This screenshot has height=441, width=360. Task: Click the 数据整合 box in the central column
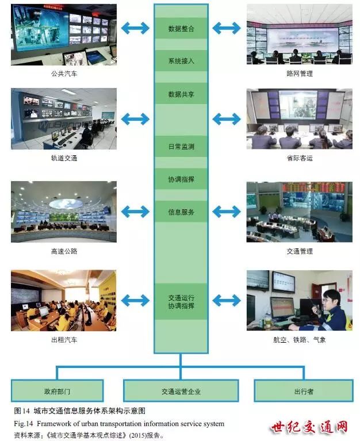click(181, 28)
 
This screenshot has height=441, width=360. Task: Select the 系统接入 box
click(181, 60)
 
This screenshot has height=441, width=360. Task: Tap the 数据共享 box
click(181, 93)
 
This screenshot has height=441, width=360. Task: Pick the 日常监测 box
click(181, 147)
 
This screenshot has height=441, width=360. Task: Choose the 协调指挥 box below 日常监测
click(181, 179)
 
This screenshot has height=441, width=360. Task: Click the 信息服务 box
click(181, 212)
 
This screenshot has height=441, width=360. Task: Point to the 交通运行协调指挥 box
click(181, 301)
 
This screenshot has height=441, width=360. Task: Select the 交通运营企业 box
click(181, 391)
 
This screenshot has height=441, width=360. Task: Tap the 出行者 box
click(303, 391)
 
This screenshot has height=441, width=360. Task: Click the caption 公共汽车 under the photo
click(64, 74)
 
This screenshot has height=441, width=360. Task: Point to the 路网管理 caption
click(299, 74)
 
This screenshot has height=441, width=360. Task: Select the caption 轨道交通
click(64, 158)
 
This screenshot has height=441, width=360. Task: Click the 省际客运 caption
click(299, 158)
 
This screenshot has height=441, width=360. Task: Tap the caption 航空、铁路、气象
click(299, 340)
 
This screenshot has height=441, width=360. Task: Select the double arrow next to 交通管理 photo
click(226, 212)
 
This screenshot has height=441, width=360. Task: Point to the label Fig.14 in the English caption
click(24, 424)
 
